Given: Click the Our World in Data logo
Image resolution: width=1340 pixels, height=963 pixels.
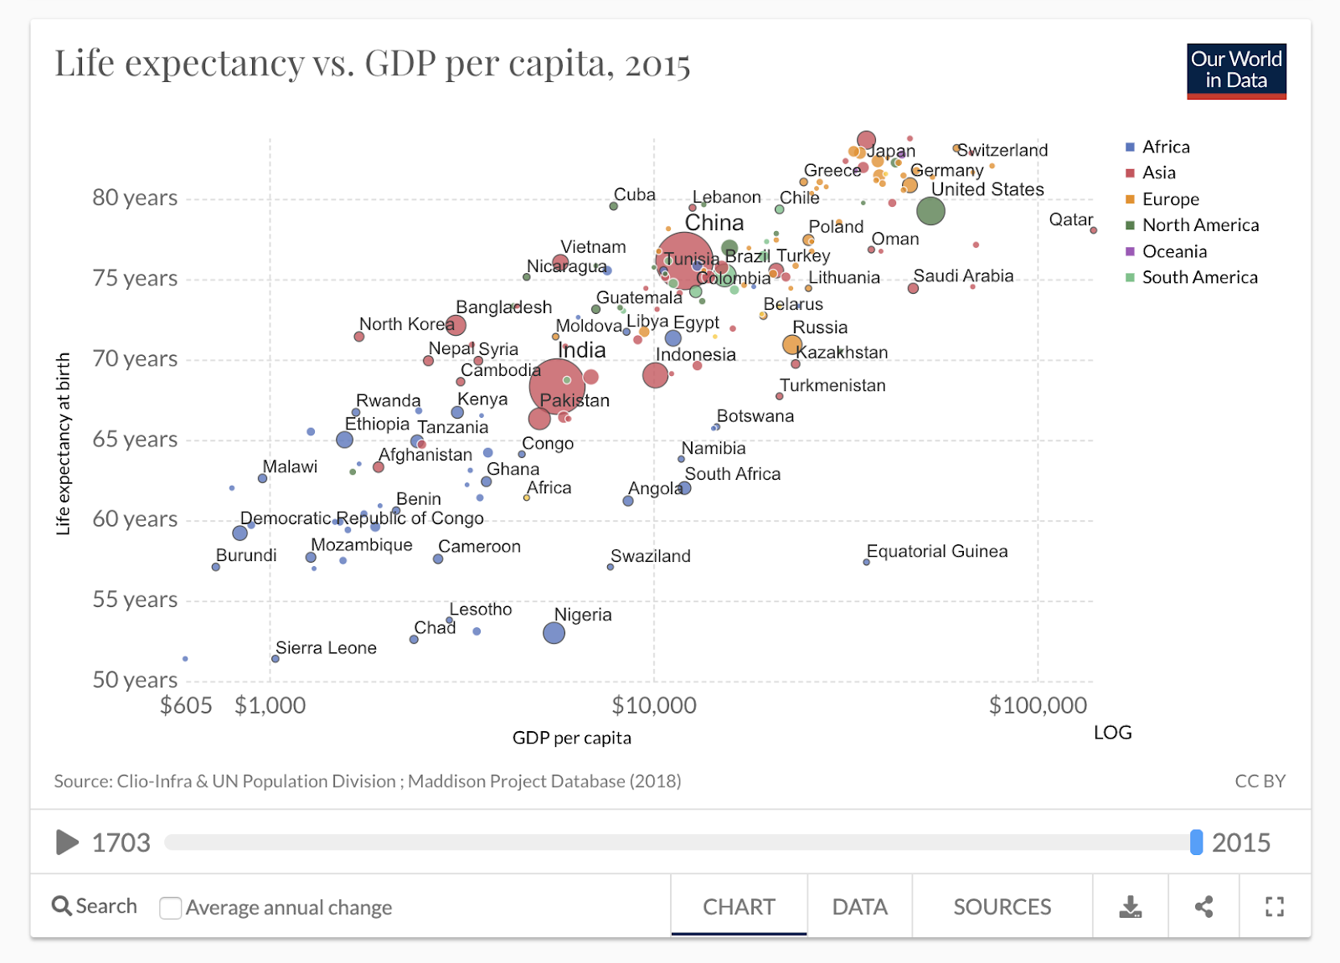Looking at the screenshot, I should (1236, 71).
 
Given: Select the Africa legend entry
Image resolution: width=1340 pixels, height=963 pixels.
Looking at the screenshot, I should (1165, 147).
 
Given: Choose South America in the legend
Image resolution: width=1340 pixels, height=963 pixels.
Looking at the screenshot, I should (1199, 277).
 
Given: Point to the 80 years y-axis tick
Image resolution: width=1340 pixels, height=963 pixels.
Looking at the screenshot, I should (135, 198).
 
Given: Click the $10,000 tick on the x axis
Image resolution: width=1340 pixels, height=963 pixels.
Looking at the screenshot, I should (654, 705).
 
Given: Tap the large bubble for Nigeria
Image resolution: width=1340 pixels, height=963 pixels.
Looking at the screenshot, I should (554, 633).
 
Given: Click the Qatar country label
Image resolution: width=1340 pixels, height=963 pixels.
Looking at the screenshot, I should (1070, 219).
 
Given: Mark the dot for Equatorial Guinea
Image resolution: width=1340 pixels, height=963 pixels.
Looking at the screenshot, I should (867, 562).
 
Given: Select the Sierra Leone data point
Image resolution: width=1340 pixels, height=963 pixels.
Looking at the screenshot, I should (276, 659).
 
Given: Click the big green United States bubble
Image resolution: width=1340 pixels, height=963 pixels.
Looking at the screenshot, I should (930, 211).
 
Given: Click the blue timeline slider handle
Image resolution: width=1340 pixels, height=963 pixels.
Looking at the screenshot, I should (1196, 842).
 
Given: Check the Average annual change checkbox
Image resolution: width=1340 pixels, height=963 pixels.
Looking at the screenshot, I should (171, 908).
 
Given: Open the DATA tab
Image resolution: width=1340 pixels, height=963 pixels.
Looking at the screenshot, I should (859, 907).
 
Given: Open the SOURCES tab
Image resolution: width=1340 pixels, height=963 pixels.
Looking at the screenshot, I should (1002, 907).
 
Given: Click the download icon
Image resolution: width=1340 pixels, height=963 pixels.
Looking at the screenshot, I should (1131, 907).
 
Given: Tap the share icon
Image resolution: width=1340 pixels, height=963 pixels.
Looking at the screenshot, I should (1203, 907).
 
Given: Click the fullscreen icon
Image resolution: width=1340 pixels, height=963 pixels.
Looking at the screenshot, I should (1275, 907).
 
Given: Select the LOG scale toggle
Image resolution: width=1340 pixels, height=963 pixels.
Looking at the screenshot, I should (1112, 733).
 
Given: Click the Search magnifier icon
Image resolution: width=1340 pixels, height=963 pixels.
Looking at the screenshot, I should (62, 906).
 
